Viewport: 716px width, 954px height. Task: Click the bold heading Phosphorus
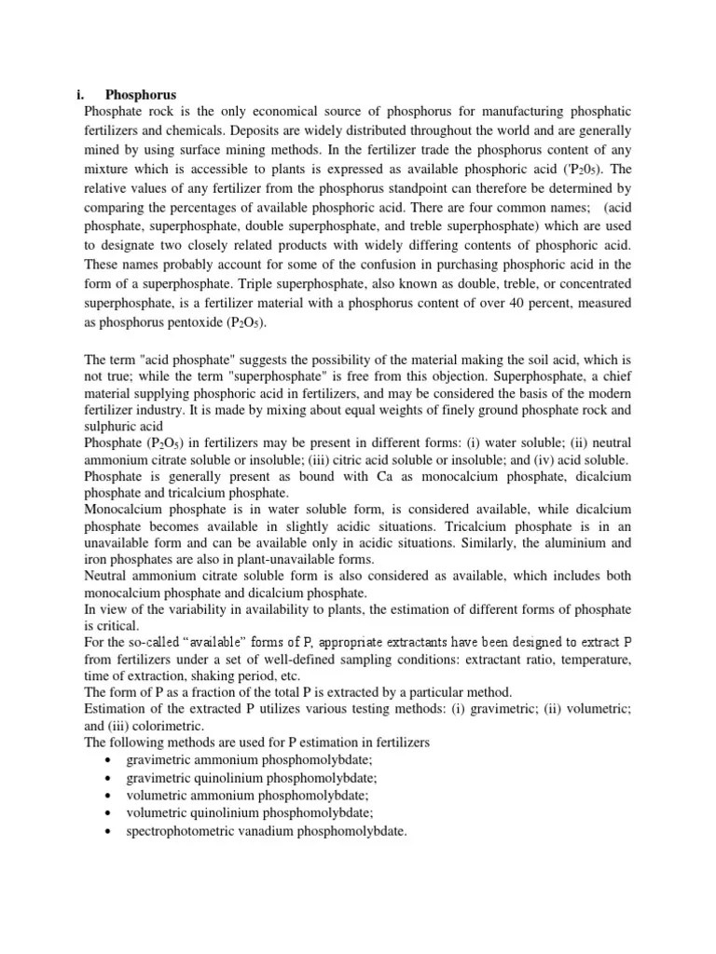(141, 94)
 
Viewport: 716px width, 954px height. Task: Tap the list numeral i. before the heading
(80, 94)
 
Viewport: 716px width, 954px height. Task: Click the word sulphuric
(111, 425)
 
